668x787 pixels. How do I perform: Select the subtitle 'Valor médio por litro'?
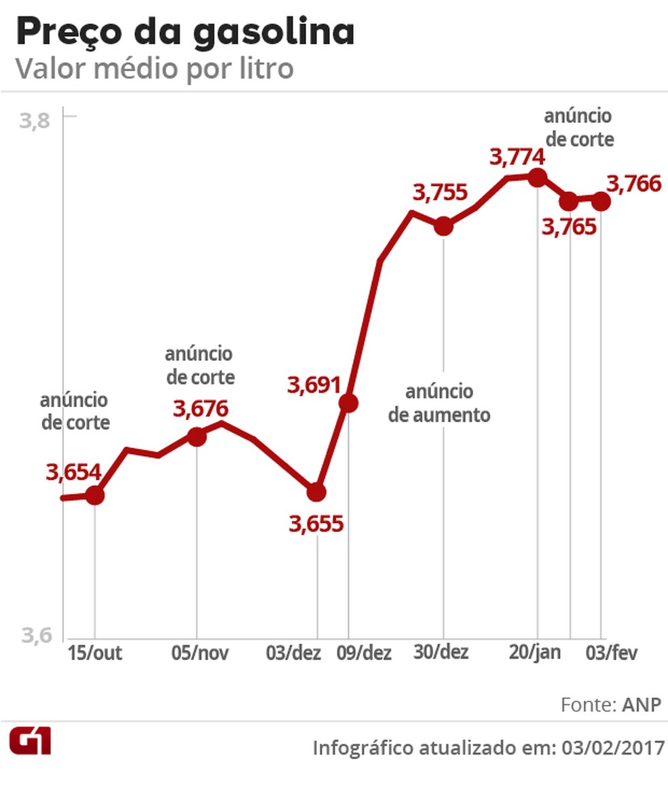point(155,69)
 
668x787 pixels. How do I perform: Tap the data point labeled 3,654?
point(95,496)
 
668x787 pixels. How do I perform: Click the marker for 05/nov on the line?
point(196,437)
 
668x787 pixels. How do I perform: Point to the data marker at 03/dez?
point(316,492)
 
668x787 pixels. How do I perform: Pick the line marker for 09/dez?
point(348,404)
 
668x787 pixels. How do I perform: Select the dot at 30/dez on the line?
point(443,227)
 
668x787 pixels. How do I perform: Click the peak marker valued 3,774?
point(538,178)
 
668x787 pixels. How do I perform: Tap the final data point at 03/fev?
point(601,201)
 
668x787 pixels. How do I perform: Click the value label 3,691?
point(314,385)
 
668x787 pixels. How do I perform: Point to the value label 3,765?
point(569,227)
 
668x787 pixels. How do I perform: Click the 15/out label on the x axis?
point(95,653)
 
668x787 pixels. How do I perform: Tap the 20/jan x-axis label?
point(536,653)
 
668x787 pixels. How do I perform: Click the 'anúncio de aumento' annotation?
point(439,403)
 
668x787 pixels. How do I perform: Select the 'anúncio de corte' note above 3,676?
point(200,365)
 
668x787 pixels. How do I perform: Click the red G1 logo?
point(30,742)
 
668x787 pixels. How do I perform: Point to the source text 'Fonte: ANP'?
point(610,705)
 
